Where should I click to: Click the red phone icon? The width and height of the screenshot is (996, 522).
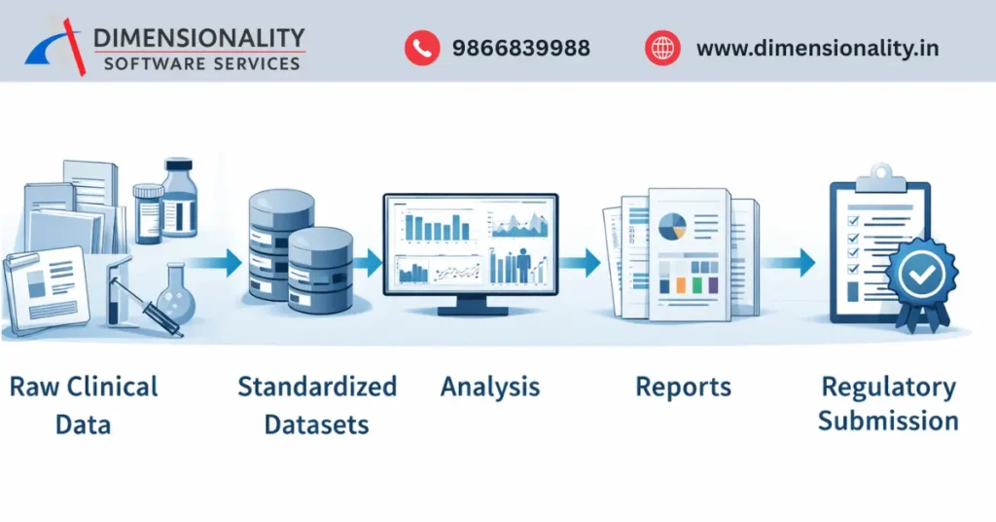click(x=422, y=48)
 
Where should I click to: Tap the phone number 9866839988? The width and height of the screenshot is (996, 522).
click(x=520, y=48)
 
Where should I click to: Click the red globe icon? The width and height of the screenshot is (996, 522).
click(x=662, y=48)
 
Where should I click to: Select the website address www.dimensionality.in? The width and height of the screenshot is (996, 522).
click(x=817, y=48)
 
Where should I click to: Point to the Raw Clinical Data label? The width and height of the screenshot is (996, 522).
click(x=84, y=404)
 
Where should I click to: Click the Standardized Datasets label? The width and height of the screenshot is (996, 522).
click(x=317, y=404)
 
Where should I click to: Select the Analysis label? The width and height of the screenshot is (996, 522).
click(x=490, y=387)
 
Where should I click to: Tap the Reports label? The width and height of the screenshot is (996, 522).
click(x=683, y=387)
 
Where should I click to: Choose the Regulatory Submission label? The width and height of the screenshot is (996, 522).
click(x=888, y=403)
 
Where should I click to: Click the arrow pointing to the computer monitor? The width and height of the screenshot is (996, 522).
click(x=368, y=260)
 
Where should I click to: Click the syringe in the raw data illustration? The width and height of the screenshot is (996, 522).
click(x=146, y=310)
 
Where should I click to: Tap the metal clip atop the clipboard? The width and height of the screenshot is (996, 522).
click(x=879, y=176)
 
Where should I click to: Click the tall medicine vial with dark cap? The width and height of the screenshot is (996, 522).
click(x=179, y=200)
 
